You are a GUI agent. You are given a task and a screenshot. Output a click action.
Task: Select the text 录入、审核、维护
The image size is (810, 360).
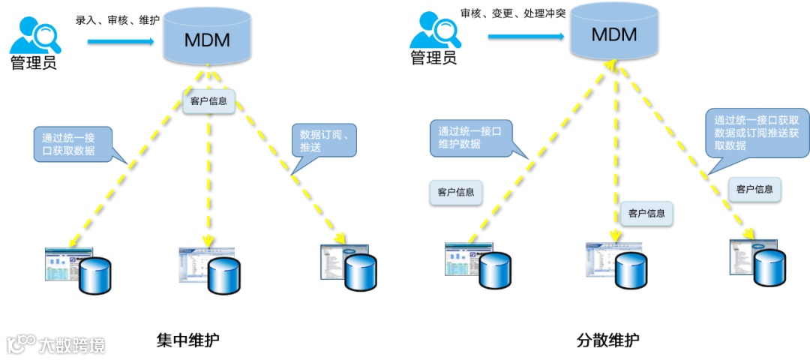click(117, 20)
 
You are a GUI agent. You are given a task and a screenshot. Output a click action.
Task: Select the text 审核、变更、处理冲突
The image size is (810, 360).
click(513, 13)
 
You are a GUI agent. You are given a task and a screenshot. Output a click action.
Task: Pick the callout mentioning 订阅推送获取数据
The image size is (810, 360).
click(757, 132)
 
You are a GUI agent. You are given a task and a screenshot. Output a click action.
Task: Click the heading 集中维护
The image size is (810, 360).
click(188, 340)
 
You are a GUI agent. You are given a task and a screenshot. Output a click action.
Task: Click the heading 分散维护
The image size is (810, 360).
click(608, 340)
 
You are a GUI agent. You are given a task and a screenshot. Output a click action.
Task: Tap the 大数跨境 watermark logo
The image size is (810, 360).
click(56, 344)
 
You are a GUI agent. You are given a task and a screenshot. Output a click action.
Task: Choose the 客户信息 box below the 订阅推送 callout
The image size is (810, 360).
click(754, 189)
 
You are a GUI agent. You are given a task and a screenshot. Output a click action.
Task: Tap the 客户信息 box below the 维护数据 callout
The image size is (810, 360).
click(456, 192)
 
